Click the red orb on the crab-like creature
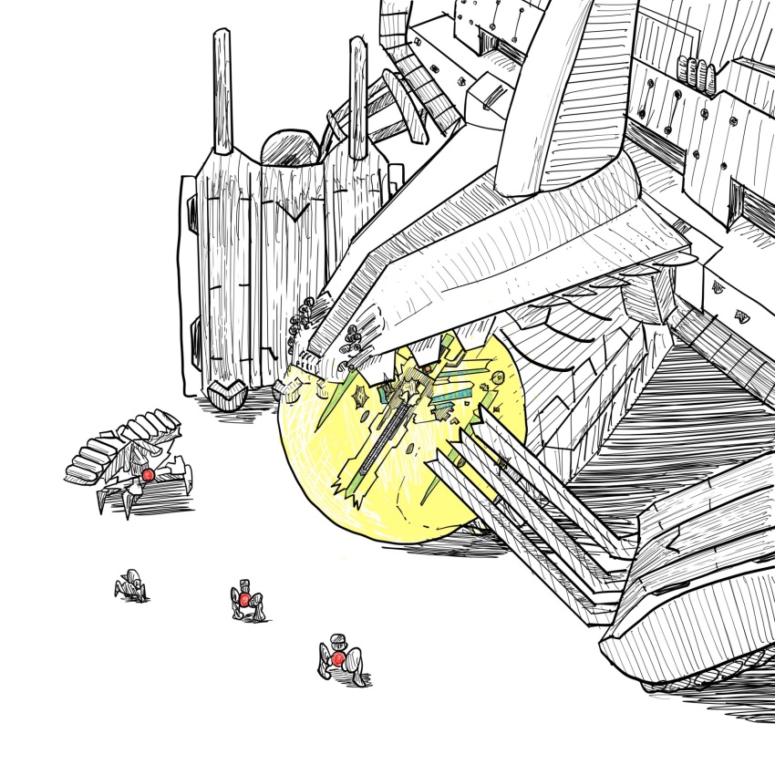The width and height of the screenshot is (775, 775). coord(147,475)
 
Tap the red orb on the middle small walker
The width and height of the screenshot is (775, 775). coord(243,599)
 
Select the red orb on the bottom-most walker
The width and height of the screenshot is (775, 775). coord(338,657)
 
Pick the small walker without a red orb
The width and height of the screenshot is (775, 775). coord(131,584)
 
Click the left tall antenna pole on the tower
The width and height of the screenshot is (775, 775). coord(221,91)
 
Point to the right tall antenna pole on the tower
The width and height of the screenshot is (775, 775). coord(357,97)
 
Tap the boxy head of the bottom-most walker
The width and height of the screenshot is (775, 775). coord(338,640)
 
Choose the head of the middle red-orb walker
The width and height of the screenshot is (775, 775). coord(243,584)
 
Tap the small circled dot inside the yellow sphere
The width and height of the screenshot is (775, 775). coord(498,377)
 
